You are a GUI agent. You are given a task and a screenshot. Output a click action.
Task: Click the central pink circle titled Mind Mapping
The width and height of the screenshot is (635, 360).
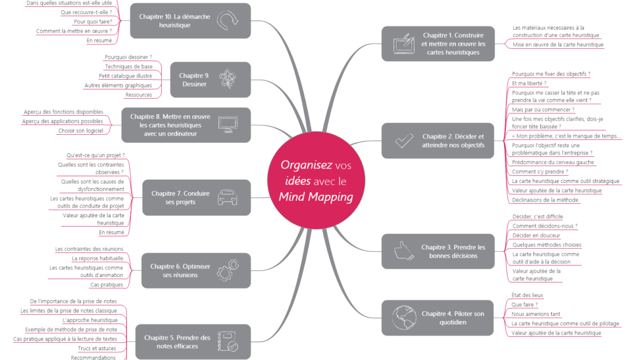tap(316, 180)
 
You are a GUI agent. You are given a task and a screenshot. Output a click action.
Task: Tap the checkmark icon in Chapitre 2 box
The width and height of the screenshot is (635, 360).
tap(404, 141)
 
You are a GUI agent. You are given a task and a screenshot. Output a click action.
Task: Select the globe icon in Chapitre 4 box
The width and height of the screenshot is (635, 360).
tap(404, 318)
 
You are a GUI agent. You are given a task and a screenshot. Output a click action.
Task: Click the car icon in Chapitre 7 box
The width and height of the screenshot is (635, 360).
tap(227, 198)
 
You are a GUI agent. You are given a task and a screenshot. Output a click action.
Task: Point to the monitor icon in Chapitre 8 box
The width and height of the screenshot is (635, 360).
tap(227, 124)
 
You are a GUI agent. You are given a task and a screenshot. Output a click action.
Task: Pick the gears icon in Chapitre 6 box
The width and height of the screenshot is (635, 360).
tap(227, 270)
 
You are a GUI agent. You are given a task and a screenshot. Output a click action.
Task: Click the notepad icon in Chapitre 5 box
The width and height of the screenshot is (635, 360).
tap(227, 342)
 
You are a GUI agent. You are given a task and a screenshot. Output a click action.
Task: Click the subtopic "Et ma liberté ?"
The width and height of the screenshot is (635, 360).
tap(529, 84)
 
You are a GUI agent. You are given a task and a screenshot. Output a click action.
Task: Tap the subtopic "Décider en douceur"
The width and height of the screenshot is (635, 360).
tap(536, 235)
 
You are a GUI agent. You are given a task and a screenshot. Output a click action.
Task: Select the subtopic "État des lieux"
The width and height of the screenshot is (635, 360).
tap(528, 295)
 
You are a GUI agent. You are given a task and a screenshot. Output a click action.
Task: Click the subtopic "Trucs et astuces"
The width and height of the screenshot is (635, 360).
tap(97, 348)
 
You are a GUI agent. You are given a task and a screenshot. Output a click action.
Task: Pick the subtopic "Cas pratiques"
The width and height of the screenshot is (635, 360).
tap(106, 285)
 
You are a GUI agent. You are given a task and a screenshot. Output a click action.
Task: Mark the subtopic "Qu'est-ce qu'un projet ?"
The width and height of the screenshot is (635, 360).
tap(96, 155)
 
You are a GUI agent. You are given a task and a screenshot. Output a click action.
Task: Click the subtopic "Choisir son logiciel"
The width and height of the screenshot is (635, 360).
tap(80, 130)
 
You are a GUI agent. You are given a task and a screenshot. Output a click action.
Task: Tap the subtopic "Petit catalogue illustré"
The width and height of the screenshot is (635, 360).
tap(125, 76)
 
